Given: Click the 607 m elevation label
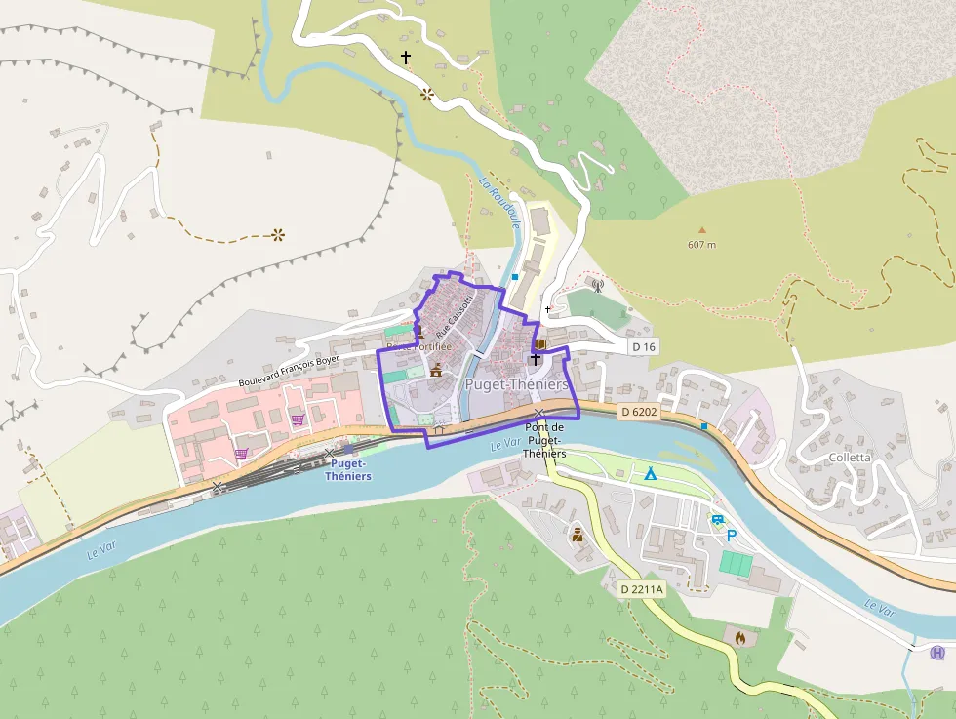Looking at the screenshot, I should click(701, 245).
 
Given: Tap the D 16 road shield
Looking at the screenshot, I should click(644, 347).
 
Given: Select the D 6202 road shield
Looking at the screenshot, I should click(640, 412).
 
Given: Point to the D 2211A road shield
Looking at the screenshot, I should click(642, 589).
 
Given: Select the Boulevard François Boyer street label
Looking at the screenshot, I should click(289, 371).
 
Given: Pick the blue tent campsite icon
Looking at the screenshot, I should click(650, 473).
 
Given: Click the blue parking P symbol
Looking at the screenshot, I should click(731, 535).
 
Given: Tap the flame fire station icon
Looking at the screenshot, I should click(739, 637).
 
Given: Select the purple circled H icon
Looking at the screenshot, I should click(937, 653).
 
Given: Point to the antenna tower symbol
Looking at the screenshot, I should click(597, 286).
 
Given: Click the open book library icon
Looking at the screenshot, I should click(539, 343).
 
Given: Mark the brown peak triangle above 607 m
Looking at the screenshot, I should click(700, 230).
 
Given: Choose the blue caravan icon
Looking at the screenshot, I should click(718, 520).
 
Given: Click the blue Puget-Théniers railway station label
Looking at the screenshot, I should click(349, 470).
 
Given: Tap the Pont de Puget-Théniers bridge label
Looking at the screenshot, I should click(545, 441).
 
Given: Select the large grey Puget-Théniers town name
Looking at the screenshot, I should click(516, 384).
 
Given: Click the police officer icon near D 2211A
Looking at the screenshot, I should click(577, 534).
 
